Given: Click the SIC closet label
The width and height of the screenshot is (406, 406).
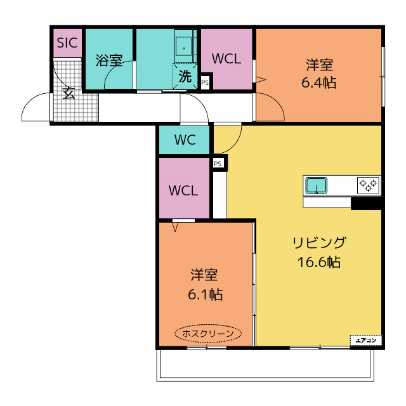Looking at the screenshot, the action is [67, 43].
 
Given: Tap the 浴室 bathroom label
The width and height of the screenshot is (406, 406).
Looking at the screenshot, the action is [109, 60].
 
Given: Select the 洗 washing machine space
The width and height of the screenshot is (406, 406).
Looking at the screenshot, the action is [185, 76].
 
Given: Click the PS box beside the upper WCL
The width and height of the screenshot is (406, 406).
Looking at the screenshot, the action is [205, 83].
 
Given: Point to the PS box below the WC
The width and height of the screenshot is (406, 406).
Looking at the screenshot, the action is [218, 164].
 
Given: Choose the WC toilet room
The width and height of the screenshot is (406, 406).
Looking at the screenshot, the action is [184, 140].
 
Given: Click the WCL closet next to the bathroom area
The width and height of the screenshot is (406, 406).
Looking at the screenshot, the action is [226, 59].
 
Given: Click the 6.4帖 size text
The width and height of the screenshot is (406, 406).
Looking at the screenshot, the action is [319, 83].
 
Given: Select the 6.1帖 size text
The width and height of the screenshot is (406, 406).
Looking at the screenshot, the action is [205, 294].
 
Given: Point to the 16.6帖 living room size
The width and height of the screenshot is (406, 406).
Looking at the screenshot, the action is [318, 262].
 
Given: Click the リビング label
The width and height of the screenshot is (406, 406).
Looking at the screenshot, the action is [318, 242].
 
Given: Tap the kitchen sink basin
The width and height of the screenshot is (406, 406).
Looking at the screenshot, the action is [316, 185].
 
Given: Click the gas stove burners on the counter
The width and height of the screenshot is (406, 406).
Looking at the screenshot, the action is [368, 185].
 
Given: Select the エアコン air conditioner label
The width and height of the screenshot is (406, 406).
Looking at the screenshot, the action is [366, 341].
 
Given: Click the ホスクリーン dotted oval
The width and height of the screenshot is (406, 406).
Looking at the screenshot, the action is [208, 334].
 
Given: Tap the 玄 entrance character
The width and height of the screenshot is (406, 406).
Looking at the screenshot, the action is [69, 93].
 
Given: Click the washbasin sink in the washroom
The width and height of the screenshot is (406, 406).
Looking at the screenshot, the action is [183, 48].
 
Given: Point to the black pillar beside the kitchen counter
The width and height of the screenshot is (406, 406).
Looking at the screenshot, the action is [366, 203].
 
